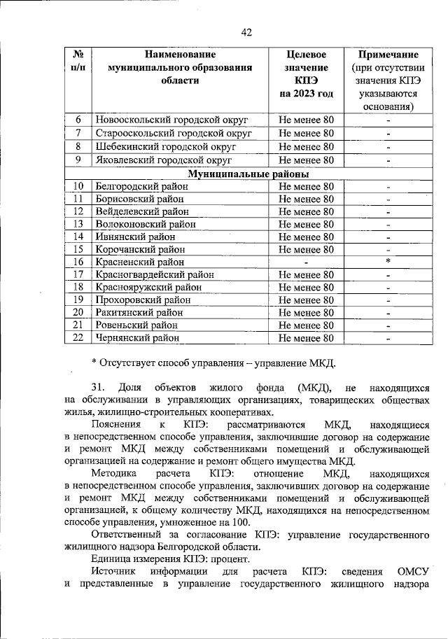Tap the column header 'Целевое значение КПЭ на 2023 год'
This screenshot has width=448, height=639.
point(306,73)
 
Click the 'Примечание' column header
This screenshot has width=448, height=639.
point(388,55)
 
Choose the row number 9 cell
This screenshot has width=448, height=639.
point(79,160)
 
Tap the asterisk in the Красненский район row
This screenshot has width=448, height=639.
point(387,261)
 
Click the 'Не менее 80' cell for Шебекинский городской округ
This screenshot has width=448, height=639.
point(306,146)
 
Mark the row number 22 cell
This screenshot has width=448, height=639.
point(79,338)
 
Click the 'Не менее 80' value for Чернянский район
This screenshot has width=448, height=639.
point(306,338)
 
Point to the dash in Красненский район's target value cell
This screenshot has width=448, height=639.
point(306,262)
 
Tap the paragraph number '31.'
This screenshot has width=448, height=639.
point(101,387)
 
